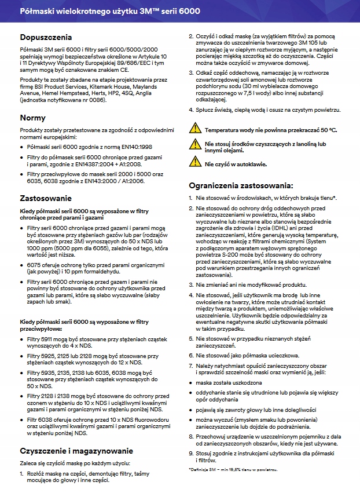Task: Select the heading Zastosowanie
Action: [x=45, y=198]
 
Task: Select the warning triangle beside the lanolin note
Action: [x=196, y=145]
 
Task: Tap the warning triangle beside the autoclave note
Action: [x=196, y=163]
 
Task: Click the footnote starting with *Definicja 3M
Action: [x=234, y=468]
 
